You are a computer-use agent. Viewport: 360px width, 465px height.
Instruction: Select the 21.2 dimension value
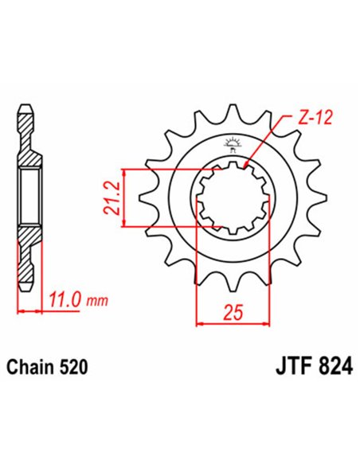111,198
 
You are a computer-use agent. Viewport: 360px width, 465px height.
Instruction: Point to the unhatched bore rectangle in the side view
29,199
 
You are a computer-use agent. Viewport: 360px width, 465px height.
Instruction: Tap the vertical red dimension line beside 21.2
123,198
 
